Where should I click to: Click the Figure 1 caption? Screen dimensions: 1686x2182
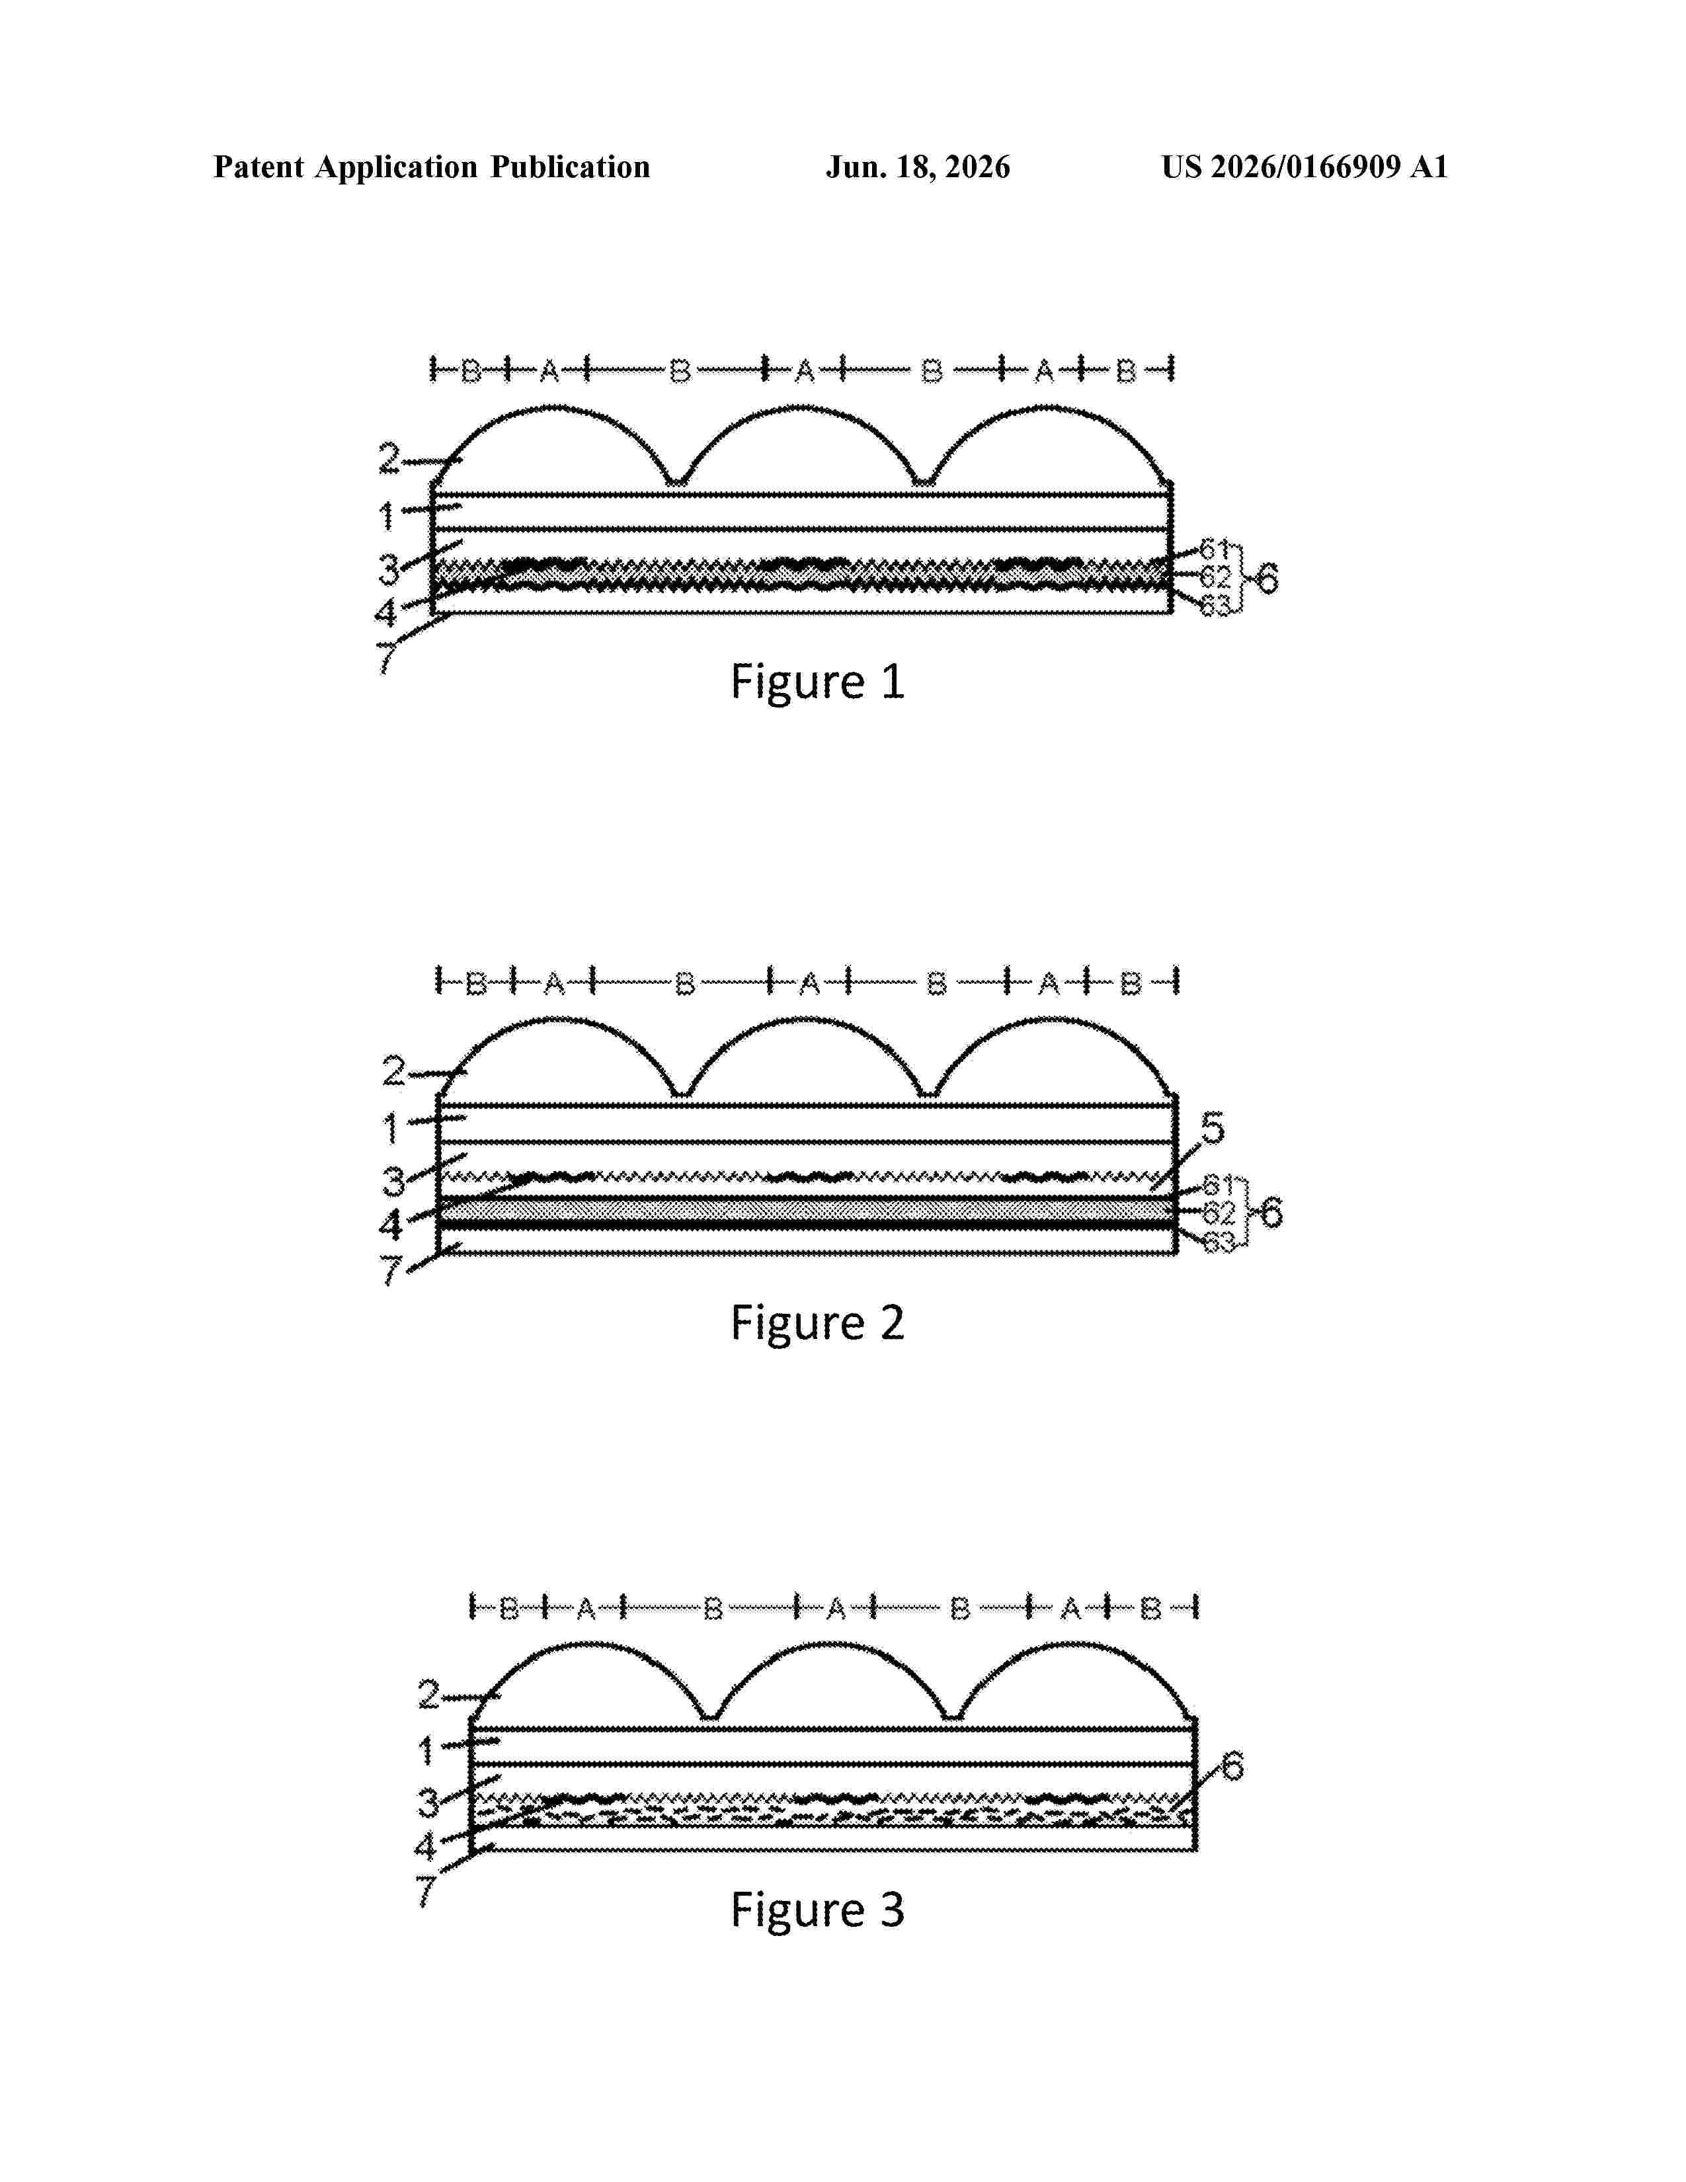[817, 682]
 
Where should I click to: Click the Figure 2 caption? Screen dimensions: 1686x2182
[817, 1324]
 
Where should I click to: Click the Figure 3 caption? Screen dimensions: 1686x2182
[817, 1910]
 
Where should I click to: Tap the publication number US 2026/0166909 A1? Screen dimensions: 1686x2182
[1305, 167]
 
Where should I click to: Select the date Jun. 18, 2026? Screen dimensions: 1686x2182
[918, 167]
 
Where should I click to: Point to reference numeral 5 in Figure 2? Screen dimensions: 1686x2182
[1211, 1128]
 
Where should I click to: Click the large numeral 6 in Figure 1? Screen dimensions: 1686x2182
[1267, 577]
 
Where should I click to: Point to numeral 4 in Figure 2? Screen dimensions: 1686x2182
[391, 1225]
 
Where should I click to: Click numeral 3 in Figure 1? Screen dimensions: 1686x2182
[389, 571]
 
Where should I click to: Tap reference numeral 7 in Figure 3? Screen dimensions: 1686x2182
[426, 1891]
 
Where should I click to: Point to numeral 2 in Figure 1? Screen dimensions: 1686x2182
[389, 460]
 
